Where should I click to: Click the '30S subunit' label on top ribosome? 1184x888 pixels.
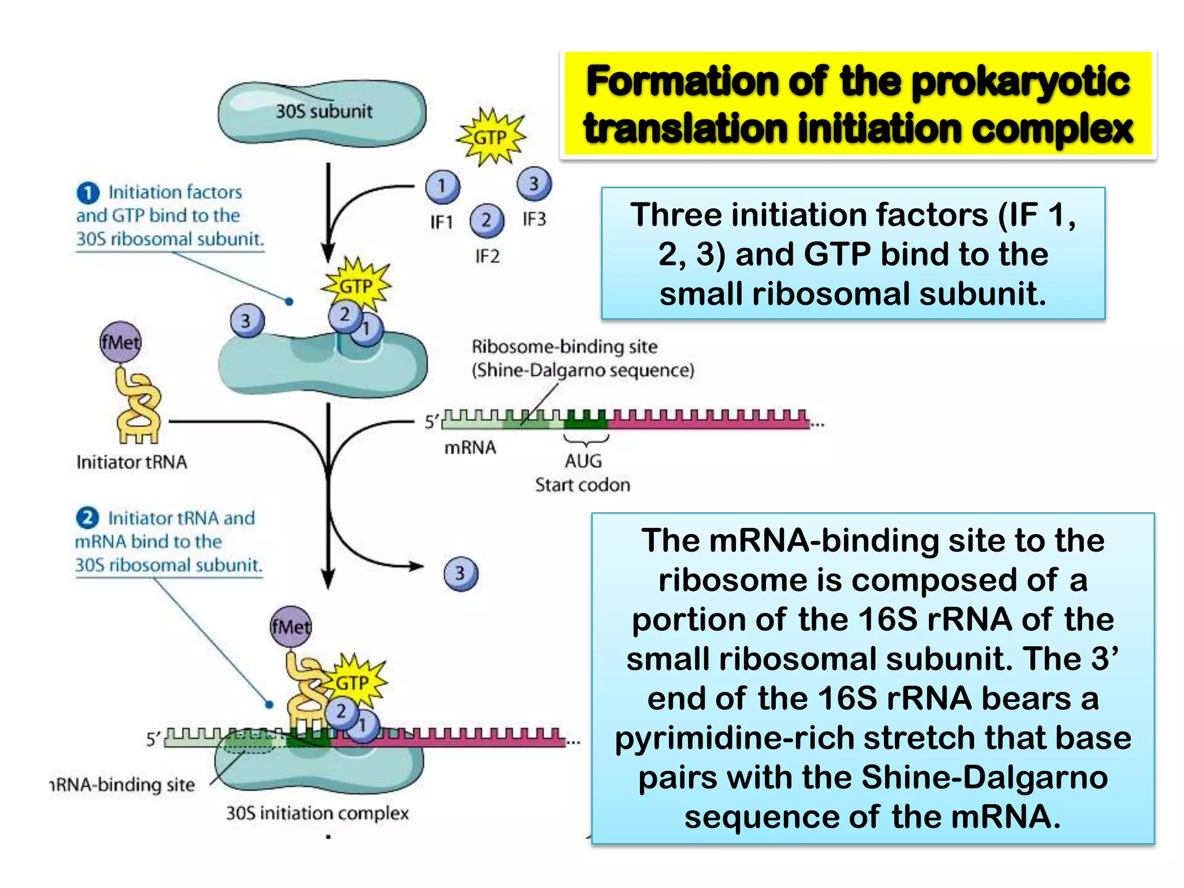(x=324, y=111)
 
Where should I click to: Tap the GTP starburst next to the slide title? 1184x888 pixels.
(x=491, y=138)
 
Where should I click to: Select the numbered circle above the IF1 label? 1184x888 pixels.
(x=442, y=186)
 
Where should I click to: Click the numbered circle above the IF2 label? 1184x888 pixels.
(x=487, y=220)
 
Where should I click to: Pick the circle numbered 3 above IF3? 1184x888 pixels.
(x=534, y=184)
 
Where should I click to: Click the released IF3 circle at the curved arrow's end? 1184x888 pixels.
(x=461, y=573)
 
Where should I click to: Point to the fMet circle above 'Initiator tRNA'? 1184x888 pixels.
(x=120, y=342)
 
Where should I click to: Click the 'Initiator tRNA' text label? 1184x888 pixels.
(x=132, y=462)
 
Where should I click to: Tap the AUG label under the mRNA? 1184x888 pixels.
(x=583, y=461)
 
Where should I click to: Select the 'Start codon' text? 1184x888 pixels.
(x=582, y=484)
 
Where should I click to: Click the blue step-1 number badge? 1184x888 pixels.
(x=87, y=193)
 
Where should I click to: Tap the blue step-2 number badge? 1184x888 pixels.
(x=87, y=517)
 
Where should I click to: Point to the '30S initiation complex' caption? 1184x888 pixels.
(x=317, y=813)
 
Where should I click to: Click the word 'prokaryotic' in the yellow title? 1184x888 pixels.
(x=1020, y=81)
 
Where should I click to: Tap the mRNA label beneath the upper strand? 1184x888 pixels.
(x=469, y=447)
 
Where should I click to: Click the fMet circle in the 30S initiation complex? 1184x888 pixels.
(x=291, y=626)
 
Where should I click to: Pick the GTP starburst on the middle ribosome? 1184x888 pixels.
(x=356, y=285)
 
